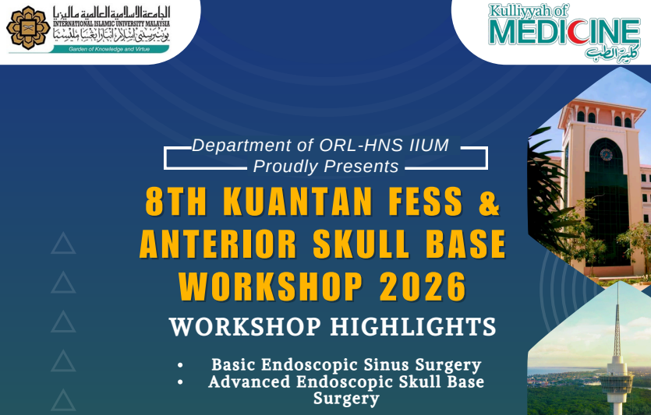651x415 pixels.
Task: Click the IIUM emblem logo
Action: pyautogui.click(x=27, y=27)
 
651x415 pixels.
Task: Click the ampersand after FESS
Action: pyautogui.click(x=489, y=203)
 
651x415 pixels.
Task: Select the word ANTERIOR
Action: pyautogui.click(x=218, y=245)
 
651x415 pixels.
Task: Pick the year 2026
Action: pyautogui.click(x=423, y=287)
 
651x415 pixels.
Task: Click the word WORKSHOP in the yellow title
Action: pyautogui.click(x=271, y=287)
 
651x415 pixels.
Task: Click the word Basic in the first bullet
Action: pyautogui.click(x=233, y=364)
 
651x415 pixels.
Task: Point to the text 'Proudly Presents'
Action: pyautogui.click(x=326, y=167)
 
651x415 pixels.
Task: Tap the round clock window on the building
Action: pyautogui.click(x=606, y=153)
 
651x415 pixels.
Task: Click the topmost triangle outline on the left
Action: pyautogui.click(x=63, y=244)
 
